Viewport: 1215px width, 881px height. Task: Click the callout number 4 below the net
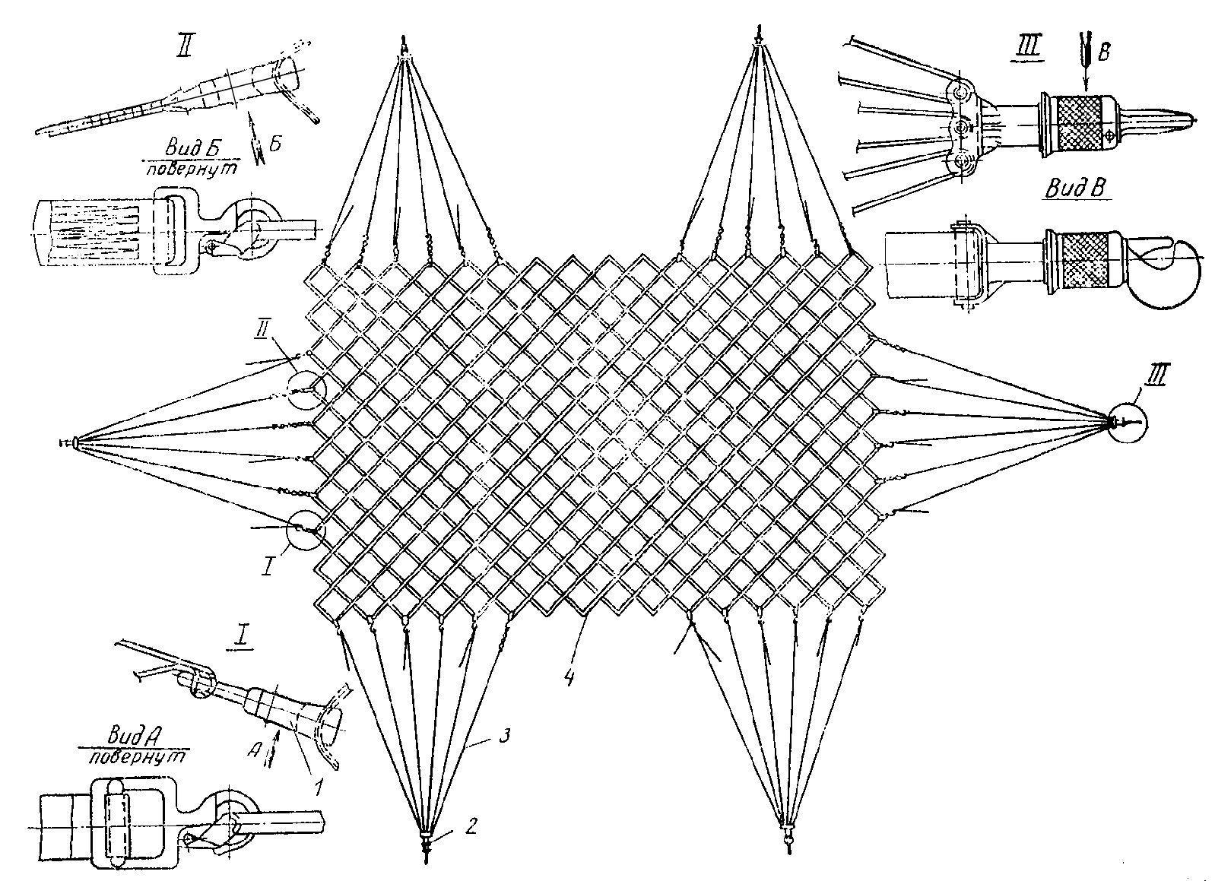click(x=569, y=675)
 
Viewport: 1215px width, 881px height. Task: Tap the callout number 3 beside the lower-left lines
click(x=504, y=737)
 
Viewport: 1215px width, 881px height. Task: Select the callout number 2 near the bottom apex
click(x=471, y=826)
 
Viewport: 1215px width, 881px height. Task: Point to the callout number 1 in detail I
click(x=319, y=786)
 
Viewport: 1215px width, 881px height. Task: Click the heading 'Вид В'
click(x=1075, y=189)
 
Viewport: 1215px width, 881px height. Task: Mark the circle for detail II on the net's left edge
click(x=306, y=391)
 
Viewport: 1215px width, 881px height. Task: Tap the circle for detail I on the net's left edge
click(x=306, y=530)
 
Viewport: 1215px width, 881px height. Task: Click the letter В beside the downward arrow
click(x=1103, y=52)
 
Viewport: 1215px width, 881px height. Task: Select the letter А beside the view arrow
click(x=252, y=749)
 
